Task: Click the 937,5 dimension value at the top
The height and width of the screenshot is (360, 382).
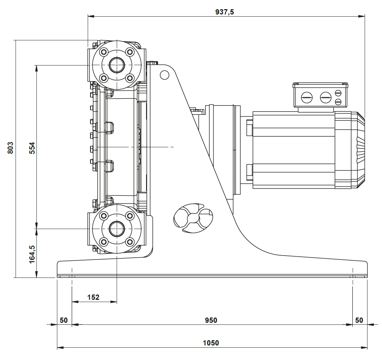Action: coord(225,12)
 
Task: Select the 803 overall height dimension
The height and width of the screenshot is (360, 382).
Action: coord(10,148)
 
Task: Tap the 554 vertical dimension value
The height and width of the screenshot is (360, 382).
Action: coord(32,148)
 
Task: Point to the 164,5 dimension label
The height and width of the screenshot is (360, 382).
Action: coord(32,254)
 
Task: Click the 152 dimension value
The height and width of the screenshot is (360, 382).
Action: coord(93,297)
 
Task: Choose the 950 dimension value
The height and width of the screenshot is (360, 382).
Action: coord(211,320)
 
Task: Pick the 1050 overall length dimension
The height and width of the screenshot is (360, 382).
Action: coord(211,343)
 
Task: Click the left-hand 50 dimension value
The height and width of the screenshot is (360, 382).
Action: coord(64,320)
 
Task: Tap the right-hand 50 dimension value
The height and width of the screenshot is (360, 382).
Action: coord(359,320)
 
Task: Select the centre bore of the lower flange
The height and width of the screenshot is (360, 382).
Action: coord(116,229)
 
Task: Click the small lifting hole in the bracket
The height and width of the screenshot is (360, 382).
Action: coord(164,75)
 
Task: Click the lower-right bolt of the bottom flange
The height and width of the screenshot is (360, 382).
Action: coord(129,242)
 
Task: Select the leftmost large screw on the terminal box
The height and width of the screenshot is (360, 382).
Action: coord(306,97)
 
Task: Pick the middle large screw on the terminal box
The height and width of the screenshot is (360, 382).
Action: coord(325,97)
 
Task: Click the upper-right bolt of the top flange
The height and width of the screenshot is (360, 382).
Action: coord(129,52)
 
